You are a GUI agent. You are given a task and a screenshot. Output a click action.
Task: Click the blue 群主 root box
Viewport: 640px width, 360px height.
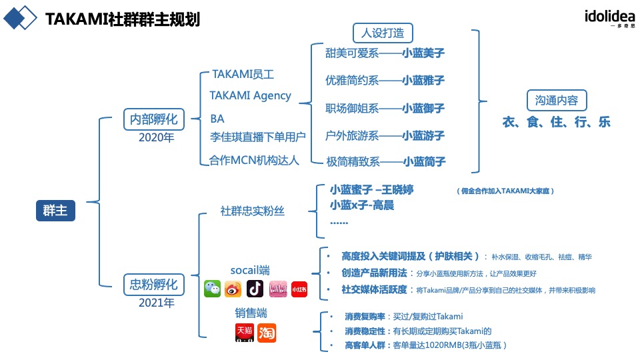click(x=55, y=211)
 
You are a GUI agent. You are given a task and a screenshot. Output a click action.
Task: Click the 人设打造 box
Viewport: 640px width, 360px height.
click(x=382, y=33)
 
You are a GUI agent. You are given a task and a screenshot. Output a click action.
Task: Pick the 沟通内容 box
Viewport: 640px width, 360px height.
click(x=556, y=101)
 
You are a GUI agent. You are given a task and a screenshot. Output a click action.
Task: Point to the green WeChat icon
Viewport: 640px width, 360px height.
click(x=212, y=289)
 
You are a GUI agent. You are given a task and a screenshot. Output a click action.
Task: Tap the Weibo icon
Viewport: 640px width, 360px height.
click(x=233, y=289)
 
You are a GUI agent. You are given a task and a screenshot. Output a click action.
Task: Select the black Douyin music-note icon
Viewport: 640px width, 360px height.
click(x=255, y=289)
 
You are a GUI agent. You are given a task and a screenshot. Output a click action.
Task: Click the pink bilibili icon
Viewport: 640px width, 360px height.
click(x=277, y=289)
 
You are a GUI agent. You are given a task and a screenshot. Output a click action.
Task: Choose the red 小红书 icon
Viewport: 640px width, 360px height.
click(x=299, y=289)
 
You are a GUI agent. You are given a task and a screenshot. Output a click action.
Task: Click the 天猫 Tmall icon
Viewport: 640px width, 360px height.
click(x=245, y=331)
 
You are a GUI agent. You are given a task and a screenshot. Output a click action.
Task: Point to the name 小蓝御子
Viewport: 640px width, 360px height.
click(x=423, y=108)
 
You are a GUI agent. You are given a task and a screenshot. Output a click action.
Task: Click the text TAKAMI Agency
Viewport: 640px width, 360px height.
click(x=250, y=95)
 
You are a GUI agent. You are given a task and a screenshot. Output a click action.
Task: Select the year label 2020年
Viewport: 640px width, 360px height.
click(x=156, y=138)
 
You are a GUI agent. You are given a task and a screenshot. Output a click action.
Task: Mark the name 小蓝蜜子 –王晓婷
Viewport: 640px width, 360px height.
click(x=371, y=191)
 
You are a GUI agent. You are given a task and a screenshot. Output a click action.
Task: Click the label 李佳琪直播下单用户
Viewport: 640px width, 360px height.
click(x=257, y=137)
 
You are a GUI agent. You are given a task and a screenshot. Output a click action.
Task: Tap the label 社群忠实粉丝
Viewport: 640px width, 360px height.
click(x=252, y=211)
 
